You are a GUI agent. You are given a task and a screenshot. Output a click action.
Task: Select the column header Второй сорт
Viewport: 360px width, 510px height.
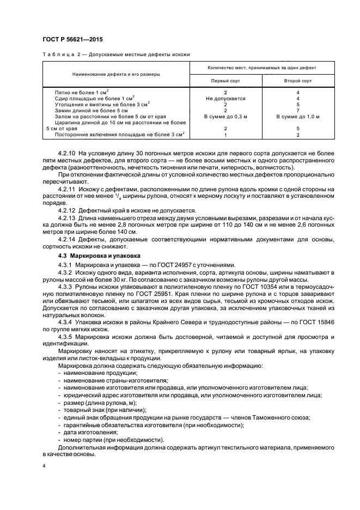298,81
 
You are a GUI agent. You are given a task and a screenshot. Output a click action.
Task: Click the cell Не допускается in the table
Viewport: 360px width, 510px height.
225,99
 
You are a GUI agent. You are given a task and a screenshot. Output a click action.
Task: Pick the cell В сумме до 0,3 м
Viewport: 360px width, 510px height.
225,117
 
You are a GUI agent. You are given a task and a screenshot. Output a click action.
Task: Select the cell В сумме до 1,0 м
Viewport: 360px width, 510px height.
298,117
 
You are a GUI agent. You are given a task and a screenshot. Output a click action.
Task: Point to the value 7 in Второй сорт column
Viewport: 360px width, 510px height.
298,111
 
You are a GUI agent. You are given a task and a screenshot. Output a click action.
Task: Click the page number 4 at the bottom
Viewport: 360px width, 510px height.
44,466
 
